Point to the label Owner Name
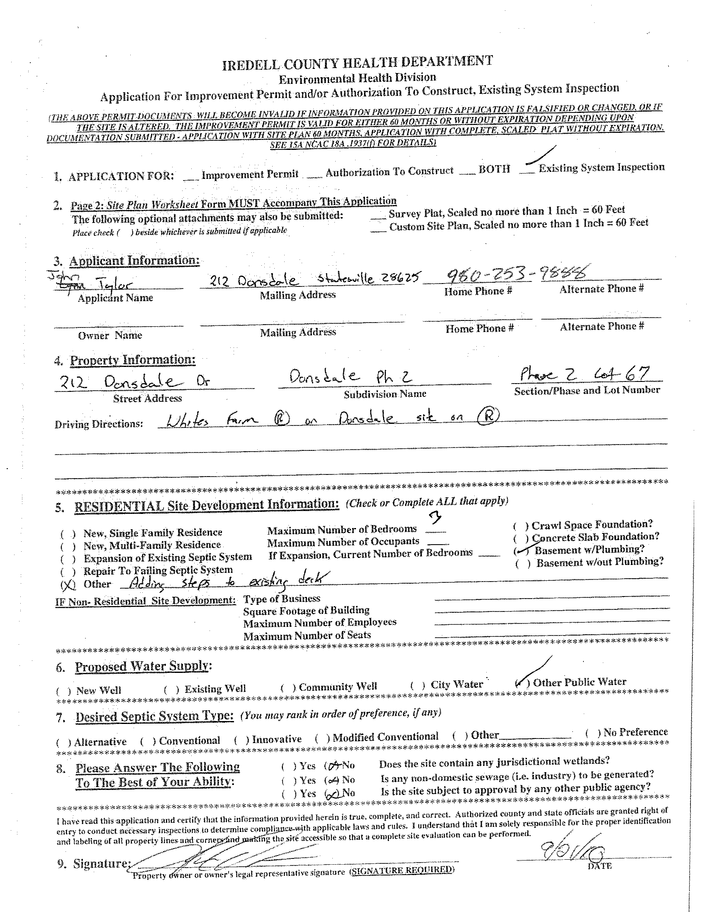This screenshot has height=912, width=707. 110,335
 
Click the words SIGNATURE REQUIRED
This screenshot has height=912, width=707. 401,870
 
